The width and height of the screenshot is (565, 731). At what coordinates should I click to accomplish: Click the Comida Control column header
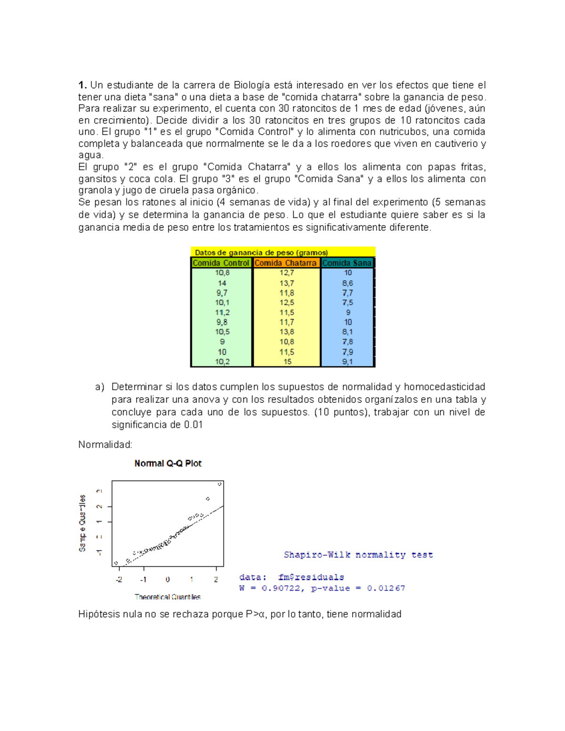221,263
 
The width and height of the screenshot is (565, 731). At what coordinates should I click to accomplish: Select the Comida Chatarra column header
286,263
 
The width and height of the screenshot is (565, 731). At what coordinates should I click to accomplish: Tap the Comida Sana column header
347,263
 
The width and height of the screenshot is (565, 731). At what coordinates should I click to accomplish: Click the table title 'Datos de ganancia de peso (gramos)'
261,252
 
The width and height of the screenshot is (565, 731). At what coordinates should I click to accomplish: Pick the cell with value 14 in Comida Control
222,283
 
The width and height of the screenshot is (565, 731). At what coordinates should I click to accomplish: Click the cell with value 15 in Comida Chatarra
287,361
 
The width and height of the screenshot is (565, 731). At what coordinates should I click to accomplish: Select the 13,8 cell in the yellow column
287,332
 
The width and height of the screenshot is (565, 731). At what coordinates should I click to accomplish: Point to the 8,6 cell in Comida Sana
347,283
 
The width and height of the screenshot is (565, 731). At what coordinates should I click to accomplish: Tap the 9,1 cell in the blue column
347,361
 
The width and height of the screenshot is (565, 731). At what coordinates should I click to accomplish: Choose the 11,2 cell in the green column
222,313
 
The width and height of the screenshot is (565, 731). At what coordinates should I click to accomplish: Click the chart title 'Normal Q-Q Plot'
168,464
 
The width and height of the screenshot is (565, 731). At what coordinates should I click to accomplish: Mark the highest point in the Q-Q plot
219,484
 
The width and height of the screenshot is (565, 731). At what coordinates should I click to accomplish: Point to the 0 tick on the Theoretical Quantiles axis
168,579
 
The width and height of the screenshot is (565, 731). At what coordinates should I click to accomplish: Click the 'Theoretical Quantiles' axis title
168,597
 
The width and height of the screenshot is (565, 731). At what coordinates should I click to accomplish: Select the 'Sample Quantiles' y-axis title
83,523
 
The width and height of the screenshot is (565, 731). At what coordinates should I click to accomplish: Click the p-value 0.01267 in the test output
386,588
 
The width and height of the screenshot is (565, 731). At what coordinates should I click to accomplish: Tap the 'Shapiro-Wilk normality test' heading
358,555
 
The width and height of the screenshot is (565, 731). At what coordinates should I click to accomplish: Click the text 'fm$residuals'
311,577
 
